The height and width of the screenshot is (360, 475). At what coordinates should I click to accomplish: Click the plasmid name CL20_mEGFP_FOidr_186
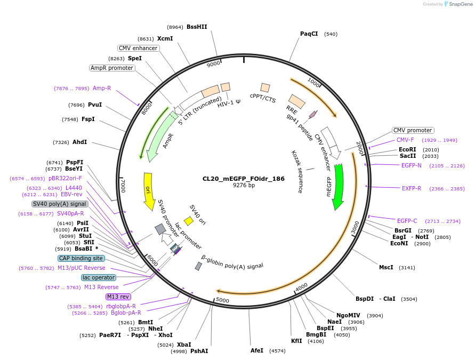243,179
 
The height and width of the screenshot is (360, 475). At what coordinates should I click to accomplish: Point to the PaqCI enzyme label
309,34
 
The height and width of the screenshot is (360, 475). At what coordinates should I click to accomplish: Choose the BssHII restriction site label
197,27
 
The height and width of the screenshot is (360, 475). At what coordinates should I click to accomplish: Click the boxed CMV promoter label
413,130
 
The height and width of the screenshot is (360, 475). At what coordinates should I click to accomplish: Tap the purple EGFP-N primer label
411,165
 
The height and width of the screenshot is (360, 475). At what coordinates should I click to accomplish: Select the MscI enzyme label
386,267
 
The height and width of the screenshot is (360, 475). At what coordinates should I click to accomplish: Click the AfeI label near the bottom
257,350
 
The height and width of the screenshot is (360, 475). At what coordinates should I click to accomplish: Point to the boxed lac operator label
98,277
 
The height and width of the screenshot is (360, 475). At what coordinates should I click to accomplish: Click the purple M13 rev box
118,297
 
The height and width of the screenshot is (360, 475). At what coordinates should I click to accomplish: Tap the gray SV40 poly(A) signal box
60,204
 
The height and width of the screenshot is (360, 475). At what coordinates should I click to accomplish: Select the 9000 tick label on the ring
213,64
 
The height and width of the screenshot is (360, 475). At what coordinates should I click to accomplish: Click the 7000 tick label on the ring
122,186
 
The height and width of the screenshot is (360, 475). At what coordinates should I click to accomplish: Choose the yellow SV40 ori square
189,221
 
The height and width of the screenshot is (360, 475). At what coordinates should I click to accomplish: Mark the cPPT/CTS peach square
265,87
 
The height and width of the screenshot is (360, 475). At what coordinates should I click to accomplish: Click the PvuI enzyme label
94,105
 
